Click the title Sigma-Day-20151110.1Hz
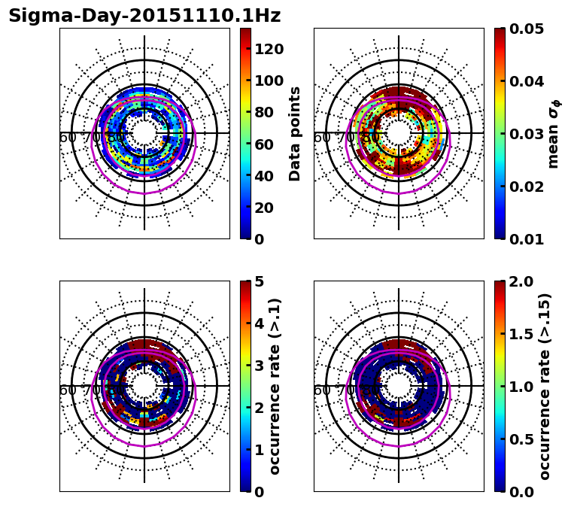(x=144, y=16)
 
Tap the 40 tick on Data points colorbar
(x=263, y=176)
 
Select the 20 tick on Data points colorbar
(x=263, y=208)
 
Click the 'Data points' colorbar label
(x=295, y=134)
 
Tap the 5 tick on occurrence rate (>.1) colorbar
(x=258, y=281)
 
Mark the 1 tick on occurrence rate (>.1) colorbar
(x=258, y=450)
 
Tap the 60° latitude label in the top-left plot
(x=68, y=138)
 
